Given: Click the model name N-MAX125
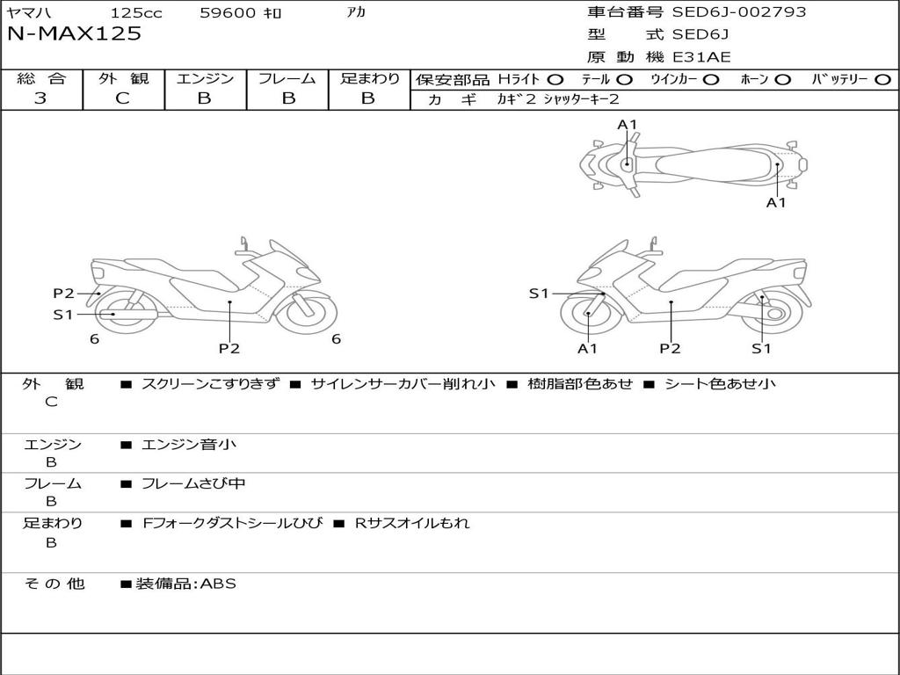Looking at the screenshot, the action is click(x=74, y=34).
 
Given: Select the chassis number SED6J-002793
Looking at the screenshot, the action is click(x=739, y=12).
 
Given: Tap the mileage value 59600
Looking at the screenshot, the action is click(x=229, y=13).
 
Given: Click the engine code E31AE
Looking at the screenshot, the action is click(x=701, y=57).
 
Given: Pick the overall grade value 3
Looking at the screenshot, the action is click(x=40, y=98).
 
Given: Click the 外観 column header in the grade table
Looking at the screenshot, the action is click(x=123, y=78).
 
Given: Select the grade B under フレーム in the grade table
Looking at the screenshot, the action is click(x=288, y=98).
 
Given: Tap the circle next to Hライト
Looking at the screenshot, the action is click(x=555, y=79).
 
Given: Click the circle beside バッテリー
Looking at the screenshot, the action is click(x=882, y=79).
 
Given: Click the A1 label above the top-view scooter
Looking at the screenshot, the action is click(x=627, y=125).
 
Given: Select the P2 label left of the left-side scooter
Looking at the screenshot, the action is click(x=63, y=294).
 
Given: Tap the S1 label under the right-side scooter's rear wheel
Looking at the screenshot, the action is click(x=761, y=348).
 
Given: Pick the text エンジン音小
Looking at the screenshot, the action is click(x=189, y=445).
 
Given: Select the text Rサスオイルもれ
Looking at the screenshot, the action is click(x=412, y=523).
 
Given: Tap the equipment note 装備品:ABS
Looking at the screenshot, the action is click(x=185, y=584).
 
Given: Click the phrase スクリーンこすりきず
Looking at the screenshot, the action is click(x=210, y=383).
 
